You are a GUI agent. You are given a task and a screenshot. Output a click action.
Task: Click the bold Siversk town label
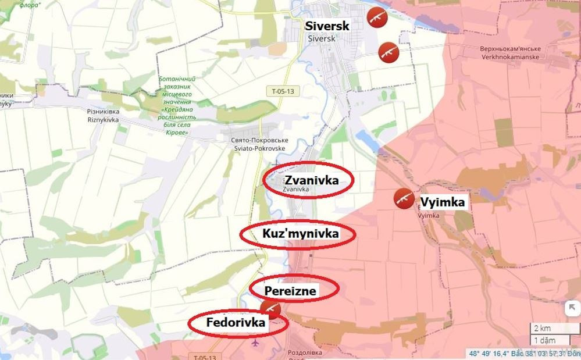pyautogui.click(x=328, y=26)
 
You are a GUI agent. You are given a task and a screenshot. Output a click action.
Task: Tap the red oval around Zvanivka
pyautogui.click(x=308, y=180)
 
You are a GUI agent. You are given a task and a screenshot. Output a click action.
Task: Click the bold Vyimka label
pyautogui.click(x=443, y=202)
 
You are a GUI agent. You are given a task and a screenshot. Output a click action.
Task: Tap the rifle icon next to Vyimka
pyautogui.click(x=403, y=198)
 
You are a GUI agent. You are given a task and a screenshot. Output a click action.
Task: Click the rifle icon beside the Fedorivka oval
pyautogui.click(x=270, y=309)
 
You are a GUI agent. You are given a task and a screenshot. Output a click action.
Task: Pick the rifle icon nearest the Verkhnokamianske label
pyautogui.click(x=388, y=52)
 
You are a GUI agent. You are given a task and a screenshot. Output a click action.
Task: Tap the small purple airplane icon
pyautogui.click(x=254, y=343)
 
